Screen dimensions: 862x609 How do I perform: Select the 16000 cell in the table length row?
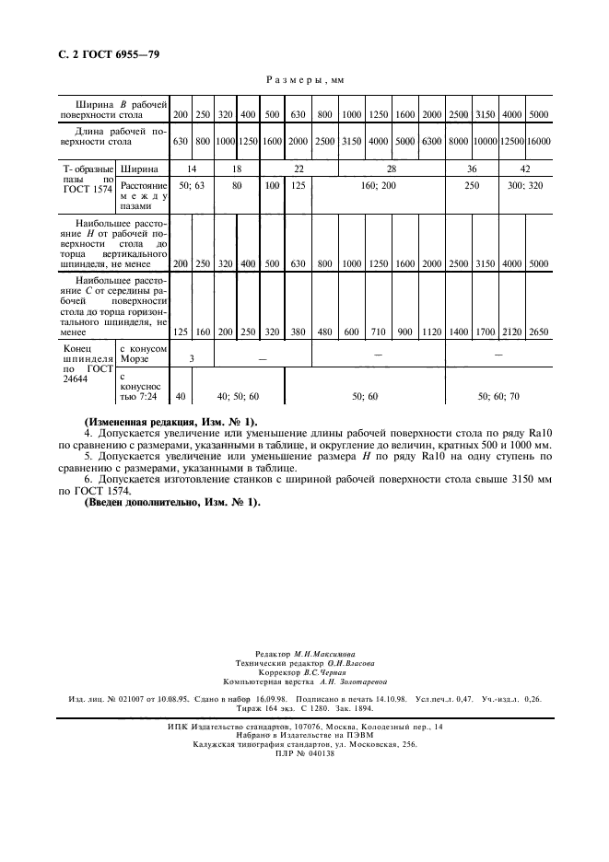(538, 142)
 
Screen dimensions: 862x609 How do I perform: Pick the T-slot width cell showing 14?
(192, 169)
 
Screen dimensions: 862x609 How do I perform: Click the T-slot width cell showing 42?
(524, 169)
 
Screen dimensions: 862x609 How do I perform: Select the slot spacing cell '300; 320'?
(524, 185)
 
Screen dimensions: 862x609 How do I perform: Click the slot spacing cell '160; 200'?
(379, 185)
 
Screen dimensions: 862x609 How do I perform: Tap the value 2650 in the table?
(538, 332)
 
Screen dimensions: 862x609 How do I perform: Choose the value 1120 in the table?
(431, 332)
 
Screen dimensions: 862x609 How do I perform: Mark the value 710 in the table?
(379, 332)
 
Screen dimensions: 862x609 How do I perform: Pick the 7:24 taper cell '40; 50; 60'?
(238, 395)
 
